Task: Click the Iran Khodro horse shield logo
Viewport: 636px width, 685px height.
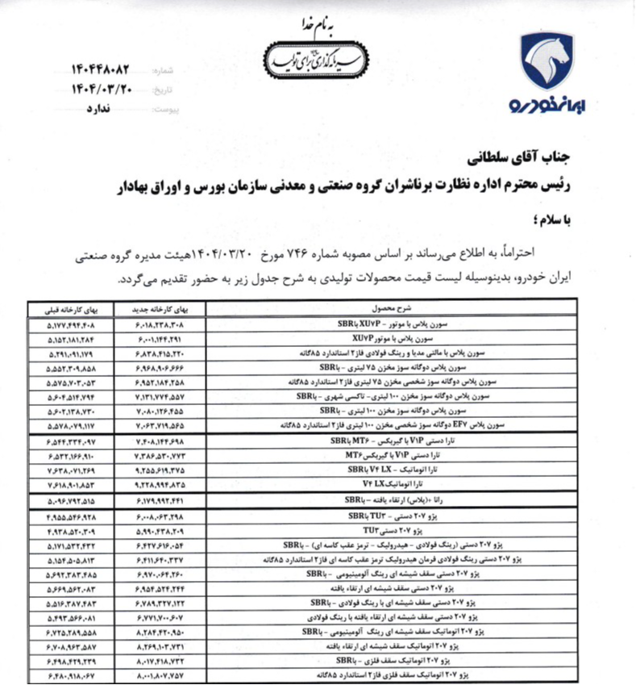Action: click(x=546, y=60)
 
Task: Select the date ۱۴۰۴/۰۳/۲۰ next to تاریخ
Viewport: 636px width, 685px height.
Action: click(x=103, y=89)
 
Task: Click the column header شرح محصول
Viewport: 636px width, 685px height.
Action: click(x=392, y=309)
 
